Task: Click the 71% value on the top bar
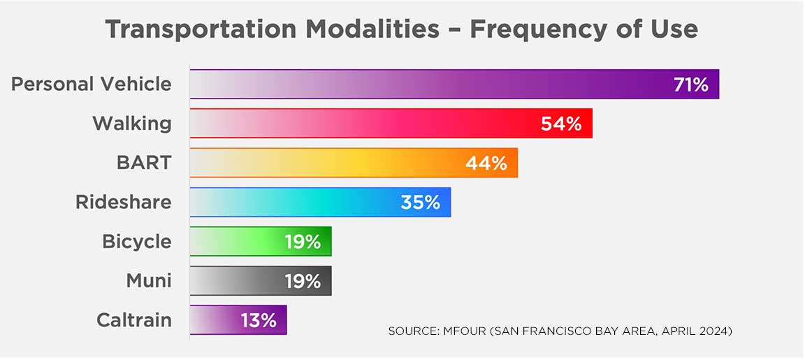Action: tap(691, 85)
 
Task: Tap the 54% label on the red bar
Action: tap(561, 124)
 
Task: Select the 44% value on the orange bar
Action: tap(486, 163)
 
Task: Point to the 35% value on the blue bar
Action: tap(420, 203)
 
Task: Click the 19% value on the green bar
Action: tap(303, 242)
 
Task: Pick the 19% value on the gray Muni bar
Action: tap(303, 281)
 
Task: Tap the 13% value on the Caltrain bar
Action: tap(259, 321)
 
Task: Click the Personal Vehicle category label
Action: tap(91, 85)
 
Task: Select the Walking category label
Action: tap(131, 124)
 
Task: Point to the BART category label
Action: tap(143, 163)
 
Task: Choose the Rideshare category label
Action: tap(123, 203)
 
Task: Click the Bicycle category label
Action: tap(136, 242)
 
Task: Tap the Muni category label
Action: tap(148, 281)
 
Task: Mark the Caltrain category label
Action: tap(133, 321)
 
